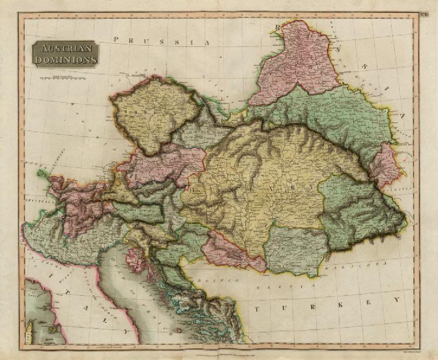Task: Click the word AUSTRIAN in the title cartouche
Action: (x=65, y=50)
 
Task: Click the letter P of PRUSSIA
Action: (x=116, y=39)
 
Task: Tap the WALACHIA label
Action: (x=366, y=265)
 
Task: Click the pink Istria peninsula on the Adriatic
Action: (x=136, y=259)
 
